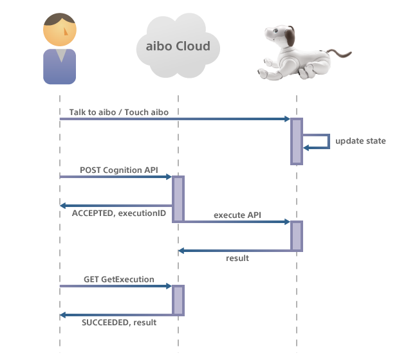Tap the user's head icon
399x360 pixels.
(59, 28)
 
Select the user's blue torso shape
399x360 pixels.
(59, 67)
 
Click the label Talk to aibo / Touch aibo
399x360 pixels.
(119, 113)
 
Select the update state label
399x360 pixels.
(360, 140)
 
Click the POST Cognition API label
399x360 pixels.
(119, 170)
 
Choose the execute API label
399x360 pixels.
(237, 215)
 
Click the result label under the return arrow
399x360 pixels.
(237, 258)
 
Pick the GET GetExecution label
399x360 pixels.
(118, 279)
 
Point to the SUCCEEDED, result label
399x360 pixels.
(118, 323)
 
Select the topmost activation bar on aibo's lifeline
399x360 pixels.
(296, 141)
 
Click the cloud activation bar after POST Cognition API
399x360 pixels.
(178, 199)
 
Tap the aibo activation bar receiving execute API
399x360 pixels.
(296, 236)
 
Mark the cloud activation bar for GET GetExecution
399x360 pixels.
(178, 300)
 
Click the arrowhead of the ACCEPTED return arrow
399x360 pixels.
(63, 206)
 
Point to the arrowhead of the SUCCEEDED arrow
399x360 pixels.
(63, 315)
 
